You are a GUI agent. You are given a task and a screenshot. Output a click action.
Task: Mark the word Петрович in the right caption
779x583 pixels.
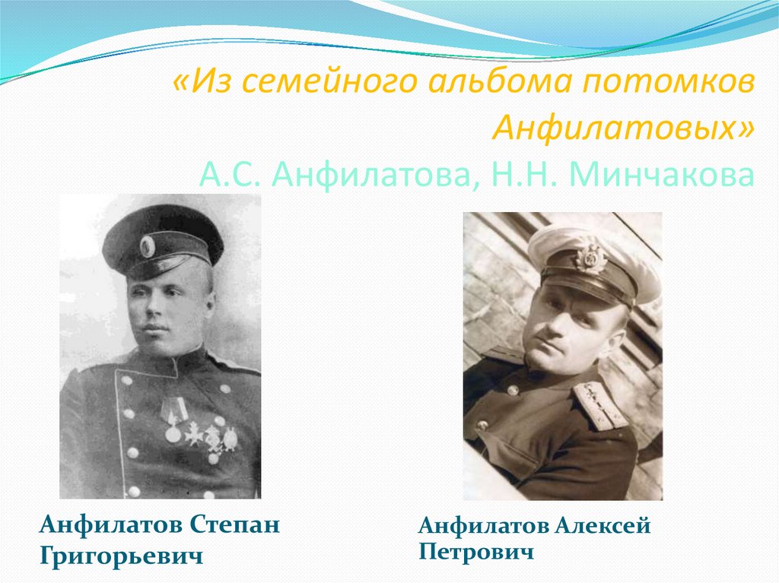(475, 552)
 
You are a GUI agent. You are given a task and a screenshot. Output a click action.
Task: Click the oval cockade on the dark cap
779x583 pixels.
(147, 246)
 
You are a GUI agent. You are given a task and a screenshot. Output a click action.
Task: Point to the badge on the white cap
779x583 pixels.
(590, 258)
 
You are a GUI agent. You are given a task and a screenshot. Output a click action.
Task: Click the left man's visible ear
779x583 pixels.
(206, 305)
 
